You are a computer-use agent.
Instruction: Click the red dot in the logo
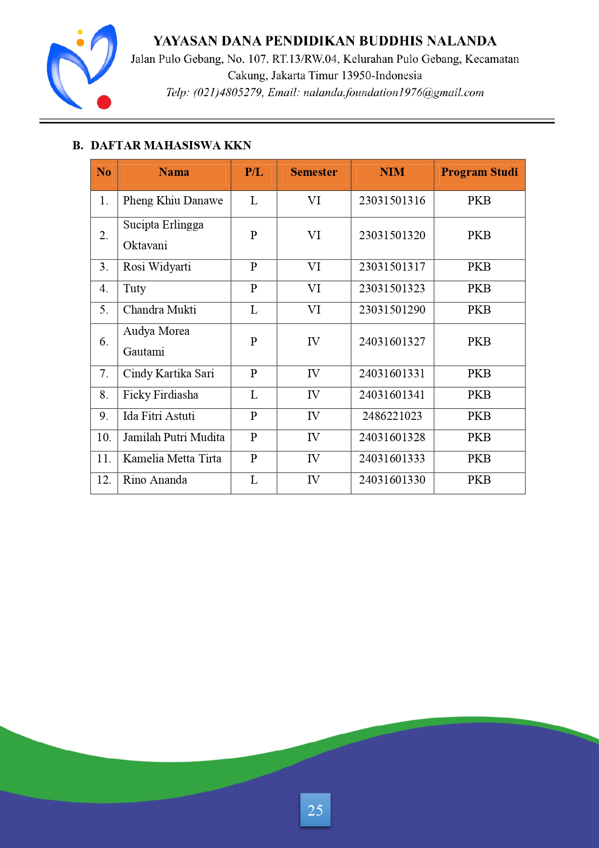coord(104,102)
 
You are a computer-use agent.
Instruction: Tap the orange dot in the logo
coord(81,43)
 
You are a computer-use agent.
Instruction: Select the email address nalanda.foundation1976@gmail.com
coord(393,93)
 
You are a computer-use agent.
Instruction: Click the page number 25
coord(315,810)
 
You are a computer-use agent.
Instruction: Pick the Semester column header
coord(314,172)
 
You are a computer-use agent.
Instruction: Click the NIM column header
coord(392,172)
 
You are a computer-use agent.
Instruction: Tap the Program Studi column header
coord(479,172)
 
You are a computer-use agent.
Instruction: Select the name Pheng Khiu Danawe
coord(173,201)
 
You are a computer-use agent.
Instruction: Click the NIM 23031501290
coord(392,310)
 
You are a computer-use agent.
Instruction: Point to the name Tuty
coord(134,289)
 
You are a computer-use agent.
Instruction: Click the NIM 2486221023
coord(392,417)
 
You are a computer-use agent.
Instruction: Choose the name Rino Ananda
coord(155,480)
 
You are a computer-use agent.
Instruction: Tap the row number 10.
coord(104,438)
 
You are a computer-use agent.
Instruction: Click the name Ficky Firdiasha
coord(160,395)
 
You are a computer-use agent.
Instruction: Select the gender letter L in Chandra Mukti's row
coord(254,310)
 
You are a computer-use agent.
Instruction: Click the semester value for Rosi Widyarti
coord(314,267)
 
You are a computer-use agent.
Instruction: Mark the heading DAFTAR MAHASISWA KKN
coord(171,146)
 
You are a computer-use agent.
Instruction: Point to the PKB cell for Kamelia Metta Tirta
coord(479,459)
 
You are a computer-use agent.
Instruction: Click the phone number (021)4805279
coord(227,93)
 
